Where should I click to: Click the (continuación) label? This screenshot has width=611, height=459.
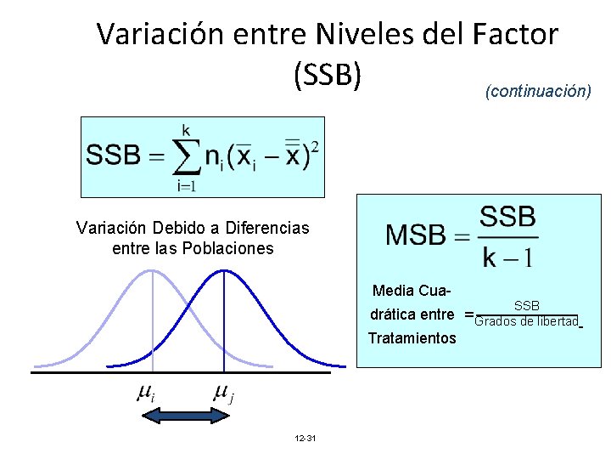[538, 90]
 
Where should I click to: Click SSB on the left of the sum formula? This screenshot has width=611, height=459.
[112, 156]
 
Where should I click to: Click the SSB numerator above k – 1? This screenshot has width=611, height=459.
[507, 217]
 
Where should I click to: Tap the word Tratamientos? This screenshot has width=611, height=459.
[412, 338]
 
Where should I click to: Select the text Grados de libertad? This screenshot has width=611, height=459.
[526, 321]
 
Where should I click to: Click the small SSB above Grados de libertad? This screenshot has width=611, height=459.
[526, 305]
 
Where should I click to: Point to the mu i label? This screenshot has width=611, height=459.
[145, 393]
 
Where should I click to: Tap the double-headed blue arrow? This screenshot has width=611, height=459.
[185, 416]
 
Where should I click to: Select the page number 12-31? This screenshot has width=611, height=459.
[305, 438]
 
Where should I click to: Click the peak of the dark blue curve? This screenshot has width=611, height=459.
[223, 271]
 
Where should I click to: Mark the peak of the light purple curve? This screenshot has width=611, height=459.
[151, 271]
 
